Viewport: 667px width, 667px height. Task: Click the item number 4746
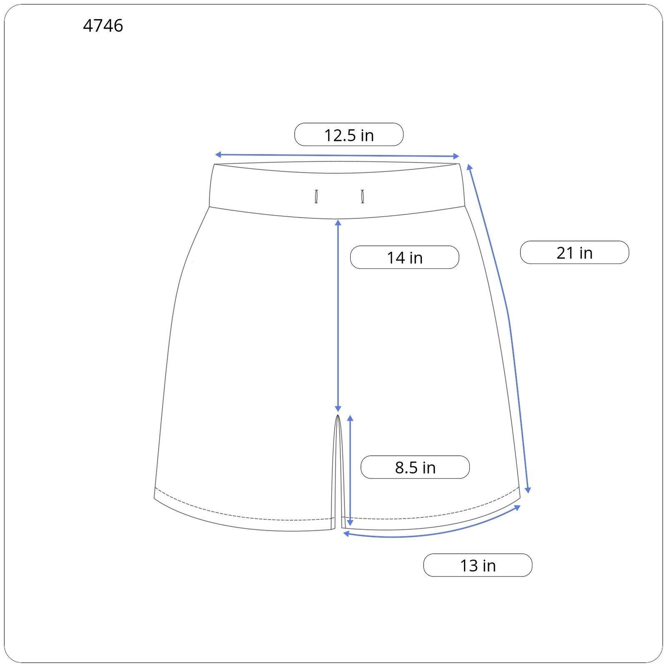point(103,26)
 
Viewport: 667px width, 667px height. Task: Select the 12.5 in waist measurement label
point(349,135)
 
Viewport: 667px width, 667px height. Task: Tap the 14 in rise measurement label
point(404,257)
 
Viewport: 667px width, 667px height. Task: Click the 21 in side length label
point(574,253)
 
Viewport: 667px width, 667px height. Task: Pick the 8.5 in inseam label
point(415,467)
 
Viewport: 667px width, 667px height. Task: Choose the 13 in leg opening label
point(478,565)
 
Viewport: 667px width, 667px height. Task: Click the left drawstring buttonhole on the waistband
point(316,196)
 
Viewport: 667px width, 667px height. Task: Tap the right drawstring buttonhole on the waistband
point(363,196)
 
